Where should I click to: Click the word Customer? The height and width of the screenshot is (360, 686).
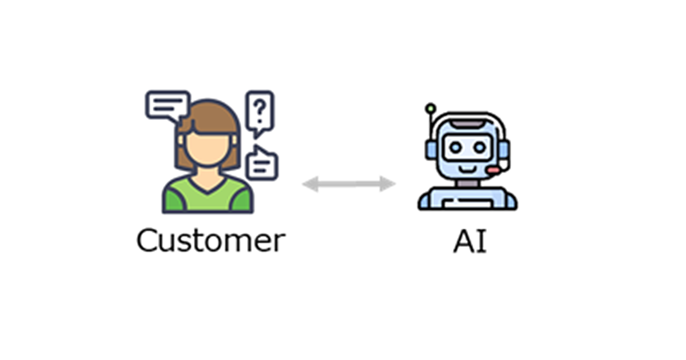point(211,241)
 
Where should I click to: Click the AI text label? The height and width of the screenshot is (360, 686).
point(470,241)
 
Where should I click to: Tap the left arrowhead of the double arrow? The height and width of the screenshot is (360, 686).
point(310,184)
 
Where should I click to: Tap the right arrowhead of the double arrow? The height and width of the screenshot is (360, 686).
point(388,184)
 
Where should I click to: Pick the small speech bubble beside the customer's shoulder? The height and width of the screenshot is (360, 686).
point(262,163)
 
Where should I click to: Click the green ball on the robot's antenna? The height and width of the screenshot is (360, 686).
point(430,108)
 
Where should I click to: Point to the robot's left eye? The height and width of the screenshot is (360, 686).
point(455,148)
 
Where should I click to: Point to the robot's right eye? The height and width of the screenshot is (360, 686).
point(480,148)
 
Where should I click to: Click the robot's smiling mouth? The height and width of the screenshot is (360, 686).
point(468,169)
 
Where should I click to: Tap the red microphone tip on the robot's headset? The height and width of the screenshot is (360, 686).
point(493,170)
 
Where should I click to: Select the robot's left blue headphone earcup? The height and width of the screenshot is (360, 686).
point(430,150)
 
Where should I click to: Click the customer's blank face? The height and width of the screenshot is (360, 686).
point(208,149)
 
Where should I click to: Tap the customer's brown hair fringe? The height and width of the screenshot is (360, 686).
point(209,118)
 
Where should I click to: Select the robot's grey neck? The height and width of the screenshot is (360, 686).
point(468,183)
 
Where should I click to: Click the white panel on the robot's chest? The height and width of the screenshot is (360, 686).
point(468,203)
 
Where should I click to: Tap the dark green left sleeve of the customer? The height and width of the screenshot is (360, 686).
point(173,201)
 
